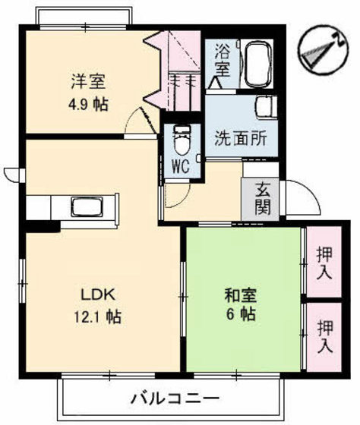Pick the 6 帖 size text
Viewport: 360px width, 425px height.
(239, 314)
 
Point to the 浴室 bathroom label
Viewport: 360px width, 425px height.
(222, 60)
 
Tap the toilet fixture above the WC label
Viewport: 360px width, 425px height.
(182, 139)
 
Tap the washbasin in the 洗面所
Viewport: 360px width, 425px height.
(266, 108)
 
